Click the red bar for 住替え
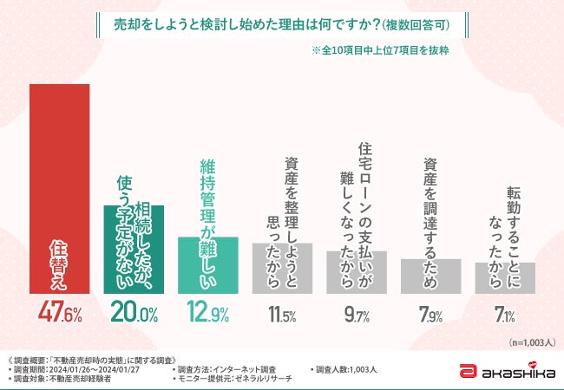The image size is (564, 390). pos(59,191)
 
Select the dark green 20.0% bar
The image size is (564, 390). pos(134,251)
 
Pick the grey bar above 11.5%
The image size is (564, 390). pos(282,270)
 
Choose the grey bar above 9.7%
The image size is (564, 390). pos(357,275)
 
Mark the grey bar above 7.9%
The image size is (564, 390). pos(430,278)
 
